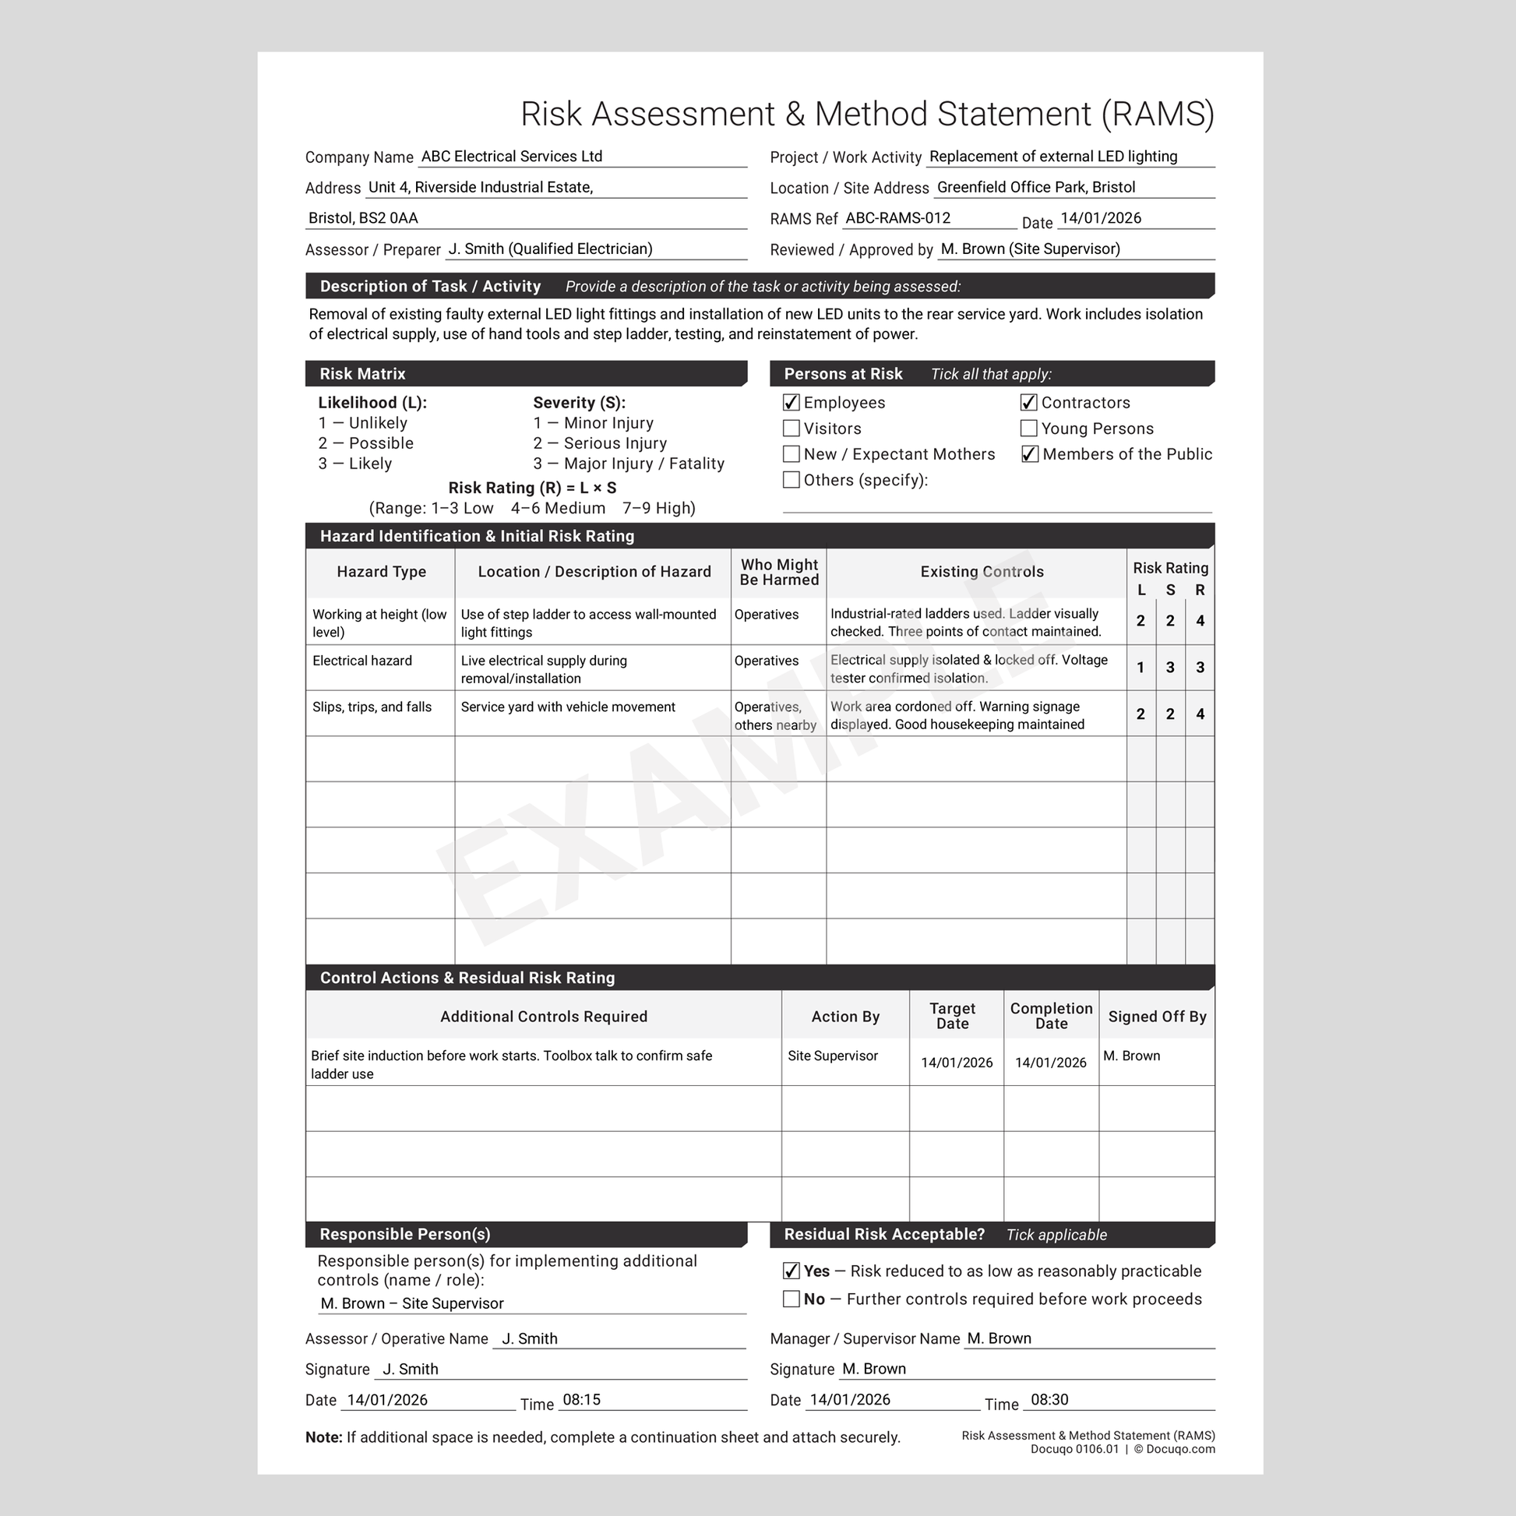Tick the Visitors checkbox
pos(791,428)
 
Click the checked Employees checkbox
pos(791,403)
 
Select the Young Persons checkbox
pos(1028,428)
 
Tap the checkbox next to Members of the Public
pos(1030,454)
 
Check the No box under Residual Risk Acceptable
pos(791,1299)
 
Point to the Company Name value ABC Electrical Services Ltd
pos(512,156)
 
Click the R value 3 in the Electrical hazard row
pos(1200,668)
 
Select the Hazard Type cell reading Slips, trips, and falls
pos(372,707)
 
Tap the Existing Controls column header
pos(982,572)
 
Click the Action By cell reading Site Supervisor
pos(833,1056)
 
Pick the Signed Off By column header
pos(1157,1017)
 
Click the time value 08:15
pos(581,1400)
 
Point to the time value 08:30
pos(1049,1400)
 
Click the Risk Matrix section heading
pos(362,374)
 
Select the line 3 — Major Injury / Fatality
pos(629,464)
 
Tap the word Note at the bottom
pos(323,1437)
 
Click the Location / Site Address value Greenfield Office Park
pos(1036,188)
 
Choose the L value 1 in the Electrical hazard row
pos(1141,668)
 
